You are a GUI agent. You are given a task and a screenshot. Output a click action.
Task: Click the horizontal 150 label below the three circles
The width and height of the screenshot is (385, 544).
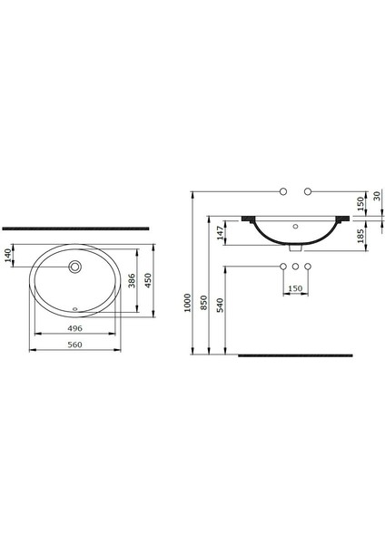pyautogui.click(x=295, y=289)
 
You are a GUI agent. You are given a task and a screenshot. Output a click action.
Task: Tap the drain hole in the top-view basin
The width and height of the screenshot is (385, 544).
pyautogui.click(x=77, y=267)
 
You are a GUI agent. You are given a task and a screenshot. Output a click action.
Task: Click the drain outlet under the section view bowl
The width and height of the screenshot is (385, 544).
pyautogui.click(x=295, y=248)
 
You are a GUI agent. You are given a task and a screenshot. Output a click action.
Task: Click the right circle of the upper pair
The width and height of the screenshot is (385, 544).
pyautogui.click(x=308, y=190)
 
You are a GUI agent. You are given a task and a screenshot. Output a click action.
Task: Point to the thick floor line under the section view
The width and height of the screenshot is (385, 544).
pyautogui.click(x=295, y=355)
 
